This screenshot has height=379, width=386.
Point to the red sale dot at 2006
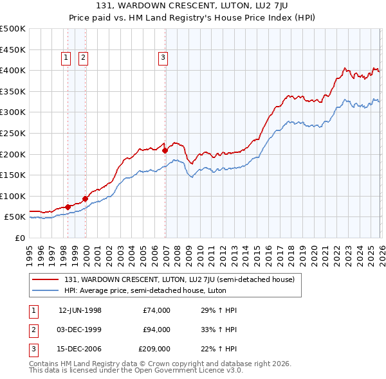click(165, 150)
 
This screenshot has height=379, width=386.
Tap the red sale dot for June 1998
click(68, 207)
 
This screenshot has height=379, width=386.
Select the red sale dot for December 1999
click(85, 198)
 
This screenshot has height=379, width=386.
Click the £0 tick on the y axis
click(21, 238)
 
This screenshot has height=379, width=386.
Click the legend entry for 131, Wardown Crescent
click(179, 279)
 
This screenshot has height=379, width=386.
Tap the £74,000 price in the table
click(156, 310)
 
